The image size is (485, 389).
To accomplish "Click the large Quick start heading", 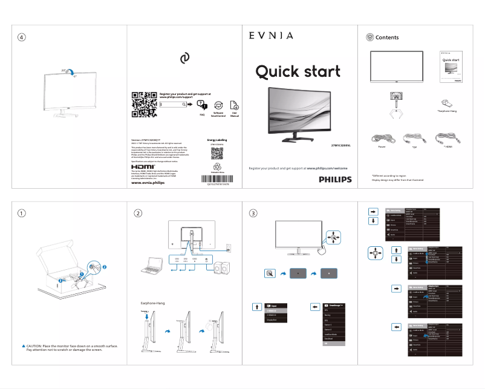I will (298, 71).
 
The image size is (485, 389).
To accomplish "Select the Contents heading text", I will (387, 38).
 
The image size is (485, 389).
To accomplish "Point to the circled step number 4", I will (22, 38).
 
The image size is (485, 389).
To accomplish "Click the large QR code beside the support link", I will (144, 104).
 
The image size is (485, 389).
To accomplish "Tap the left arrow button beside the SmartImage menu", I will (314, 307).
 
